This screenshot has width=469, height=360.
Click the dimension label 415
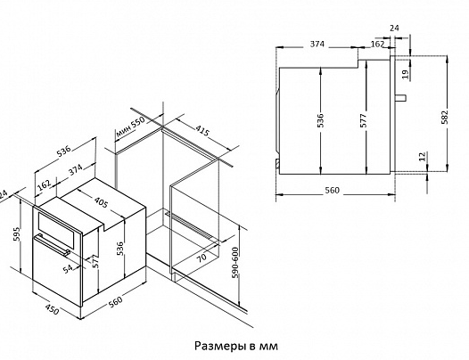(202, 130)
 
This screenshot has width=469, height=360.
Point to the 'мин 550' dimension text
(130, 127)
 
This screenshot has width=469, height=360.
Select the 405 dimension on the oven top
(101, 201)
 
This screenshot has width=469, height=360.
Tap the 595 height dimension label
(16, 234)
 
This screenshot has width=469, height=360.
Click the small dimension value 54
(68, 269)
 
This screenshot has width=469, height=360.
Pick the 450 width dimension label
(52, 309)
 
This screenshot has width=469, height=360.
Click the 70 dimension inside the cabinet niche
(202, 258)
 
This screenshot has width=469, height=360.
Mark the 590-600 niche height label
(235, 262)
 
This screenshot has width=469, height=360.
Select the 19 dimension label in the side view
(405, 74)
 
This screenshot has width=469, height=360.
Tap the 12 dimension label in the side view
(422, 156)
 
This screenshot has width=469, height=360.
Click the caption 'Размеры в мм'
(236, 346)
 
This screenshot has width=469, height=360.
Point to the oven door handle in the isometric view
(52, 244)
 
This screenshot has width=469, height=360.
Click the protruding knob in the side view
(401, 97)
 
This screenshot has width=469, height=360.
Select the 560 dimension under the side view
(333, 190)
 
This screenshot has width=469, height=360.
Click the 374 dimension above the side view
(317, 44)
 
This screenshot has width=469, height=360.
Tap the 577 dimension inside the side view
(363, 120)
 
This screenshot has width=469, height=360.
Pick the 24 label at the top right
(394, 28)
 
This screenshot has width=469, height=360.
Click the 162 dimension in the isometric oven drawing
(45, 185)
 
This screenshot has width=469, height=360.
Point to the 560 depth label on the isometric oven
(115, 301)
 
